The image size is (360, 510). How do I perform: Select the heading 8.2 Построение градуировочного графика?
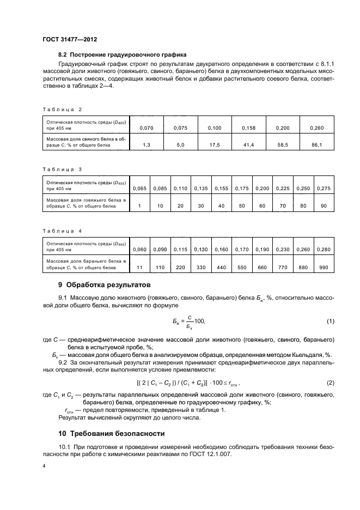tap(123, 54)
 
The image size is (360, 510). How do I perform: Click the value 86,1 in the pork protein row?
tap(316, 144)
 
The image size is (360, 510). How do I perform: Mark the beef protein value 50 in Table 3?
tap(241, 205)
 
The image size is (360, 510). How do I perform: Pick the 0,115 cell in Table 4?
tap(180, 249)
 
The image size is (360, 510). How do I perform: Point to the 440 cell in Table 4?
tap(221, 268)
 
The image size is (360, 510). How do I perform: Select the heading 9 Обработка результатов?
tap(104, 285)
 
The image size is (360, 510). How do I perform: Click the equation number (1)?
tap(330, 322)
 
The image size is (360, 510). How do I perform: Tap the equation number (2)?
tap(330, 383)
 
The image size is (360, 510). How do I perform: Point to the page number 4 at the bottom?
tap(44, 467)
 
